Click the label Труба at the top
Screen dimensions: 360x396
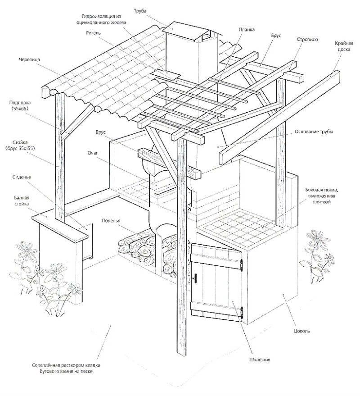coord(140,11)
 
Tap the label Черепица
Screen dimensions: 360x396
coord(29,59)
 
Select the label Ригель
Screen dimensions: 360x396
coord(93,33)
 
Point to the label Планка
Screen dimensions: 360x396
coord(247,30)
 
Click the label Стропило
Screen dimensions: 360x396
coord(307,40)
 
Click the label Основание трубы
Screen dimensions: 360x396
coord(314,132)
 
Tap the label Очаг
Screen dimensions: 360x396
coord(93,153)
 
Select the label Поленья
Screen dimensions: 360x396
coord(111,221)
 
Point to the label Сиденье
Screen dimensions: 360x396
coord(22,177)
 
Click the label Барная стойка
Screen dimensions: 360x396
coord(22,201)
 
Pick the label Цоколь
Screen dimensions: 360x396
coord(301,331)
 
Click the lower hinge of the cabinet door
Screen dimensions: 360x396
coord(242,313)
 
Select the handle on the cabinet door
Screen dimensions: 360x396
coord(194,278)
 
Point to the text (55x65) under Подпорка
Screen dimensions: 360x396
coord(19,108)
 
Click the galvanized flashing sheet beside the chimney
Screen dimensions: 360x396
coord(166,75)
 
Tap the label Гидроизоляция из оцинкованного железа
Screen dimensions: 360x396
coord(102,19)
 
